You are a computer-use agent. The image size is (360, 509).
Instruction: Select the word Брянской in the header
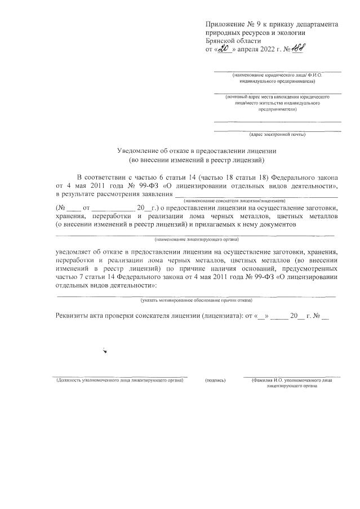click(x=221, y=41)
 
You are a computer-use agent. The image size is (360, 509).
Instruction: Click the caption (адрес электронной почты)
click(x=277, y=135)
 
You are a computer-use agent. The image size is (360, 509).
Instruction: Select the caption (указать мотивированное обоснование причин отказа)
click(x=197, y=300)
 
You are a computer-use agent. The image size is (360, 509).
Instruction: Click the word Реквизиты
click(x=75, y=316)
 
